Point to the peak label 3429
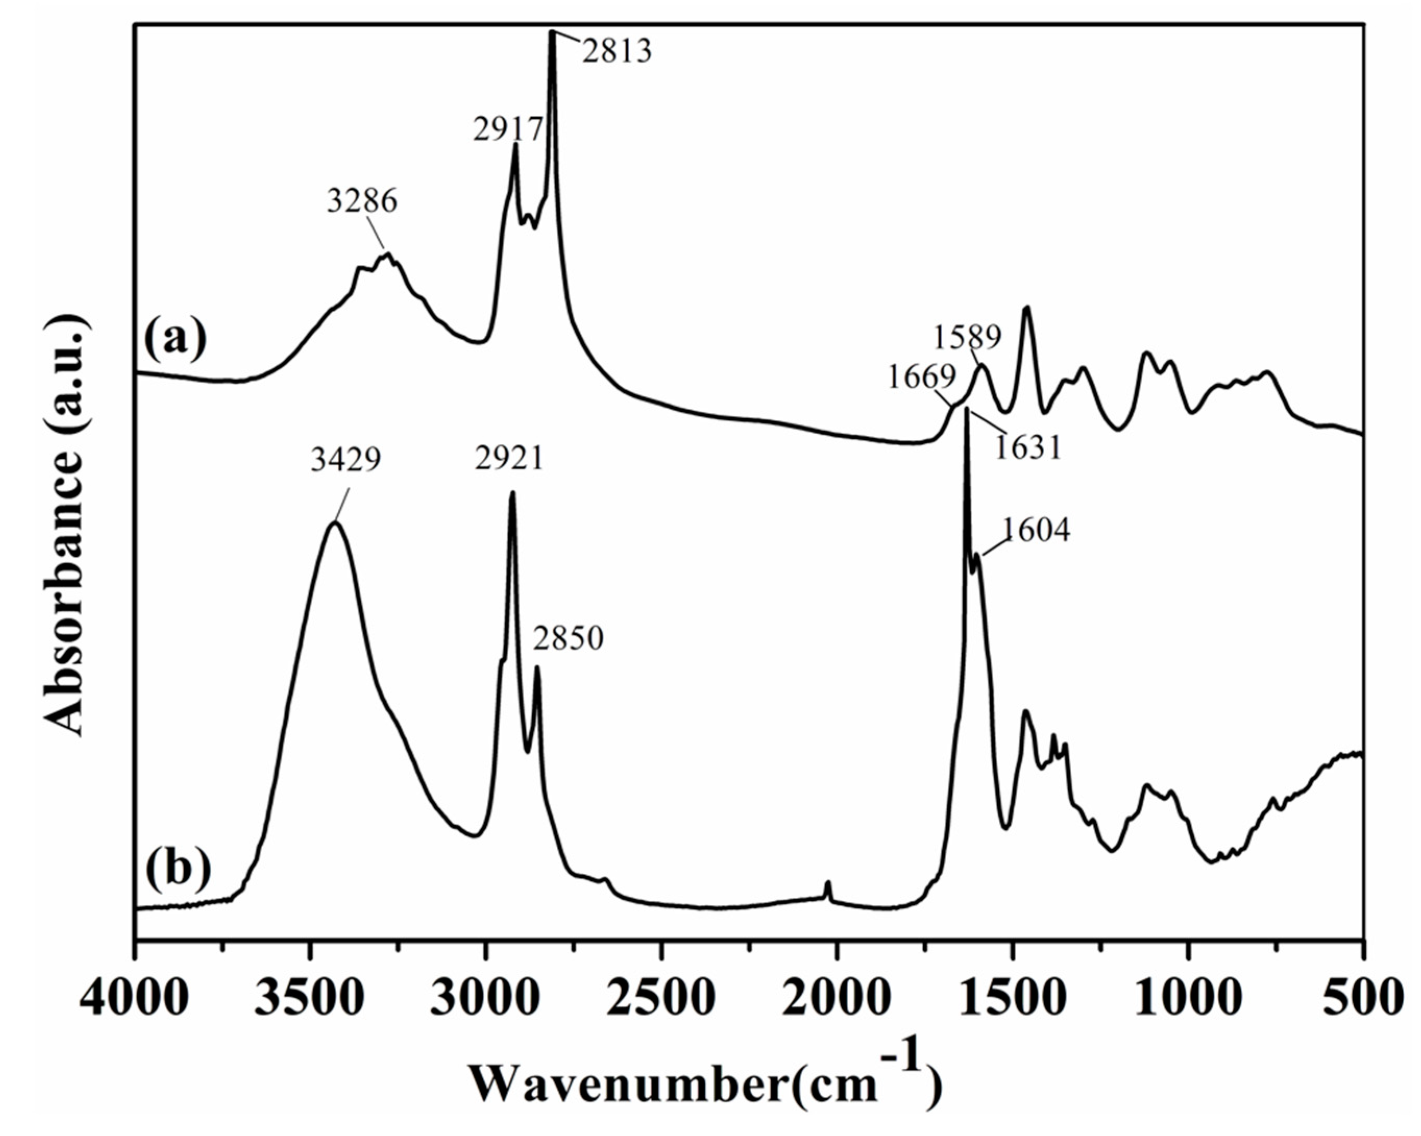click(x=346, y=460)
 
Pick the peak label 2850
click(x=568, y=638)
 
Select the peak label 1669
click(x=921, y=376)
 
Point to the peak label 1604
click(x=1037, y=530)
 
